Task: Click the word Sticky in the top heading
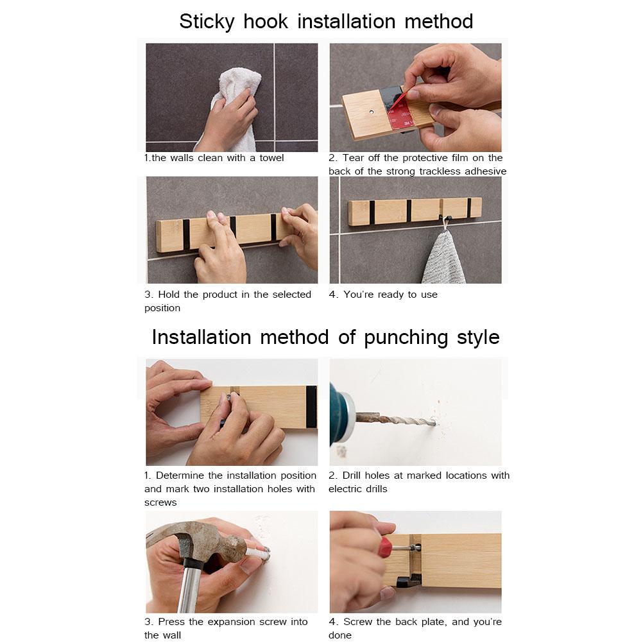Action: click(x=207, y=22)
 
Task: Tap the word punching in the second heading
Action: click(x=406, y=338)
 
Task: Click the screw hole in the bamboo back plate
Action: click(x=372, y=112)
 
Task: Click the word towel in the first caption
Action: click(x=271, y=158)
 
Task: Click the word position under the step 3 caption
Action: click(x=162, y=309)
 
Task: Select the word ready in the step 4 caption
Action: click(x=391, y=295)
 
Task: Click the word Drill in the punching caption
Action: click(x=352, y=476)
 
